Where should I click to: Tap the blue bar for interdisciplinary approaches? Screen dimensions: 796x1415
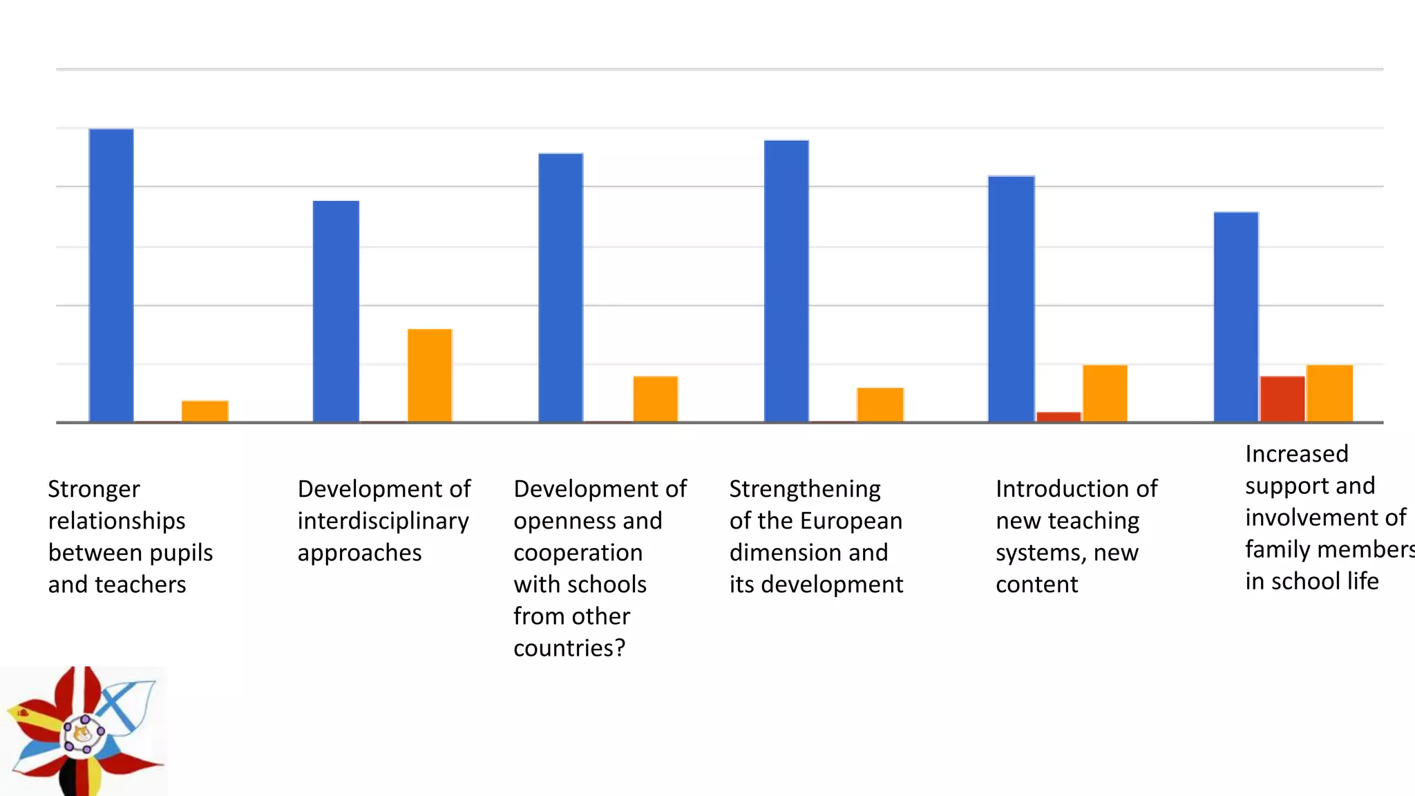(x=336, y=311)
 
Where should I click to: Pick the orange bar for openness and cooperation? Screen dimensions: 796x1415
(x=655, y=399)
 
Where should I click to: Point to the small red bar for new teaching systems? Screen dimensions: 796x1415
(x=1058, y=417)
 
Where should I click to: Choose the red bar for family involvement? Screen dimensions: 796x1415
(x=1282, y=399)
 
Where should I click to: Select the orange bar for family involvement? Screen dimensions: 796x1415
(x=1329, y=393)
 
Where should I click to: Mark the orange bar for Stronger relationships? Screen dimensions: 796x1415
(x=205, y=411)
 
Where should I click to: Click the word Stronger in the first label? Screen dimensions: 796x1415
(x=94, y=489)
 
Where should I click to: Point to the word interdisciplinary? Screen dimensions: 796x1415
(x=383, y=521)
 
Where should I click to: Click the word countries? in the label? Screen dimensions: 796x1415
(x=569, y=648)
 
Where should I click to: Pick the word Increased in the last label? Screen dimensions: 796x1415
(x=1296, y=454)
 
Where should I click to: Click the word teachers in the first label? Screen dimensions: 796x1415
(x=140, y=585)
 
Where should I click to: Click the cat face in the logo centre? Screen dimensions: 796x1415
(x=82, y=733)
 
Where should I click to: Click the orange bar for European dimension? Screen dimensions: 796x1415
(x=880, y=404)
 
